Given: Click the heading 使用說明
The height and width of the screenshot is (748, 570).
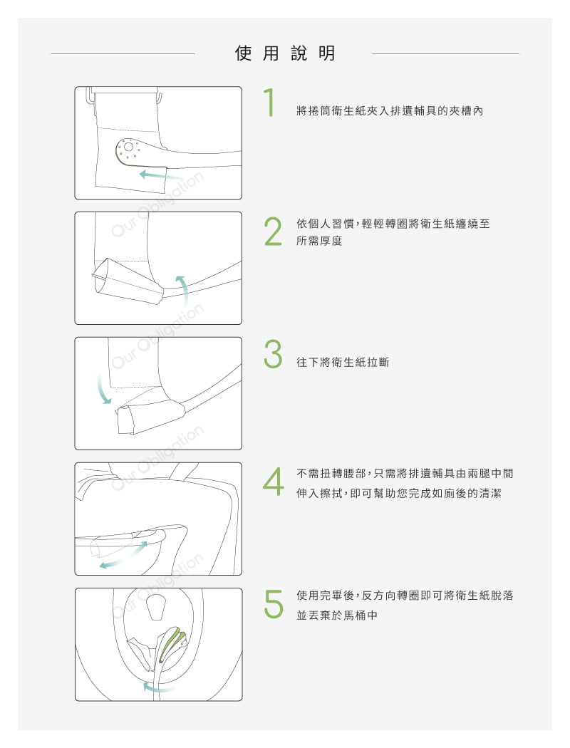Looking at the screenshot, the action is click(x=285, y=53).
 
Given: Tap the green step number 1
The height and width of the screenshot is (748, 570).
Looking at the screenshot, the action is click(x=270, y=102).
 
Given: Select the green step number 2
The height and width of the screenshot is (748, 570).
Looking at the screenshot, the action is click(x=273, y=232).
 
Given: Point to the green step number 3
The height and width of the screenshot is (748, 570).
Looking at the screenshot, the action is click(x=273, y=354).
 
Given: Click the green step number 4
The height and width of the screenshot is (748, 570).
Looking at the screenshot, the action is click(x=274, y=482).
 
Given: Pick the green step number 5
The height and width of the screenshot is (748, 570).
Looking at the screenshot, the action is click(x=274, y=604).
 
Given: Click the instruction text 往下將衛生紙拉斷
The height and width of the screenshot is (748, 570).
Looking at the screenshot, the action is click(x=343, y=363).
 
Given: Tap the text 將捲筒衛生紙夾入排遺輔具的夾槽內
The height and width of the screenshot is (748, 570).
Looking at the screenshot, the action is click(x=390, y=111).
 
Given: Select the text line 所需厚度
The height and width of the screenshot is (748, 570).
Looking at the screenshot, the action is click(x=319, y=241).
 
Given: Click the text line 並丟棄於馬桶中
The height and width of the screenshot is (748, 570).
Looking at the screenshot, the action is click(x=337, y=615).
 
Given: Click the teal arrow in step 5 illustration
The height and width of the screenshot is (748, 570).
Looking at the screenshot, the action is click(x=157, y=687).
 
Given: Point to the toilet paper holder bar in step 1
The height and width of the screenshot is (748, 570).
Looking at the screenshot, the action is click(x=124, y=90).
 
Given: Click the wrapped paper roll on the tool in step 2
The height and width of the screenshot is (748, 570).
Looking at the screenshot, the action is click(x=128, y=282).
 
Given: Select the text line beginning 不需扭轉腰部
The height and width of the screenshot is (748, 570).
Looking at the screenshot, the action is click(x=405, y=474).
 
